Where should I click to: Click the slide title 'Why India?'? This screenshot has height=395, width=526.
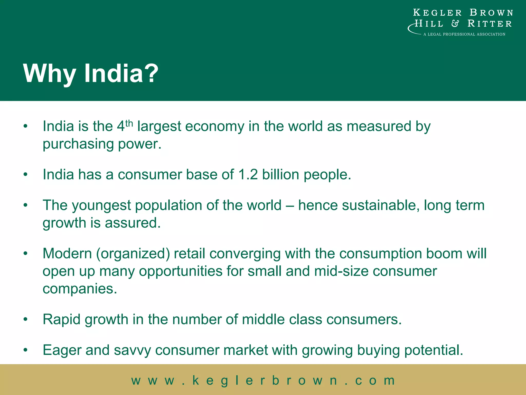[91, 74]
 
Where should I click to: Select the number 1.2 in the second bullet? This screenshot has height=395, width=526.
[248, 174]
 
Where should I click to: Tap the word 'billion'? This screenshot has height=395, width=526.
[280, 174]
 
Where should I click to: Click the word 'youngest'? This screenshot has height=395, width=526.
[101, 206]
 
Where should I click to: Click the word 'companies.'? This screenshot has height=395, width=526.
[80, 289]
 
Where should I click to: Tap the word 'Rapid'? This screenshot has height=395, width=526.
[62, 320]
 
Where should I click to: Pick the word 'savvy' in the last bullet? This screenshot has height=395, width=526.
[133, 351]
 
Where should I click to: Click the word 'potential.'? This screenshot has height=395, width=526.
[434, 350]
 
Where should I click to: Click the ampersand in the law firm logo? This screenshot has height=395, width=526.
[455, 24]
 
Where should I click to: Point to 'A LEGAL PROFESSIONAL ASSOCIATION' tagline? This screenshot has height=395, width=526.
[464, 34]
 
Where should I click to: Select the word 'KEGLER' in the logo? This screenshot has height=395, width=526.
[437, 13]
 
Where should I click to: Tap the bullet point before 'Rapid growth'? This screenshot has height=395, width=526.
[25, 319]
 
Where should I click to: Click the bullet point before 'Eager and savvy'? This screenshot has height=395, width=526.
[25, 350]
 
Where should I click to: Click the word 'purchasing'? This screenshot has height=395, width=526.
[78, 144]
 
